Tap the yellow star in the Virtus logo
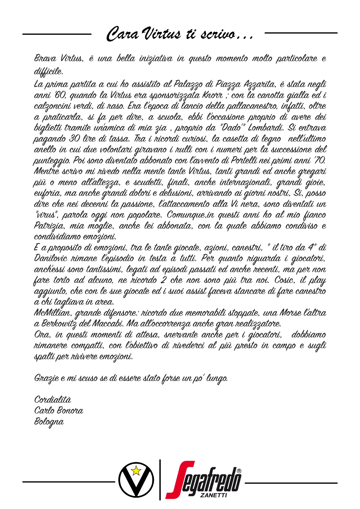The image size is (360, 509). click(136, 470)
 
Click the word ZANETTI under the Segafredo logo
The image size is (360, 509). click(213, 495)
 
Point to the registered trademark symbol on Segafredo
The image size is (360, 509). click(239, 471)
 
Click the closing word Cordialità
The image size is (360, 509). click(53, 400)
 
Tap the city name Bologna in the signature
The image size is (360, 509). click(49, 422)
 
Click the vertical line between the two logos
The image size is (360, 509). click(160, 480)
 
